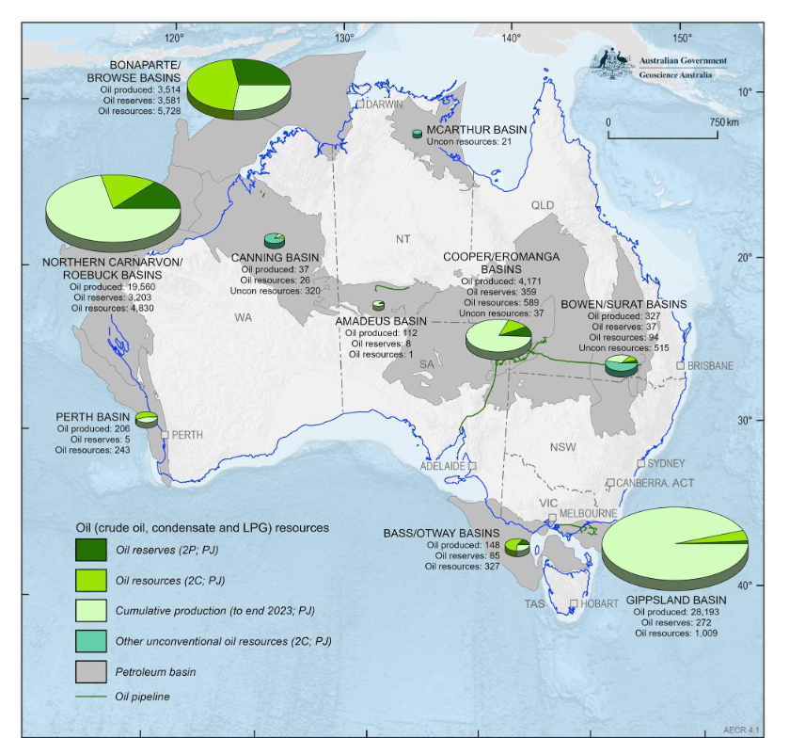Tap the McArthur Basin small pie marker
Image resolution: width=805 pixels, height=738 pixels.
click(x=418, y=135)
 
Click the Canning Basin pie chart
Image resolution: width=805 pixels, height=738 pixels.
click(x=275, y=240)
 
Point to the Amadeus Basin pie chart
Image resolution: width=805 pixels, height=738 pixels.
click(x=378, y=305)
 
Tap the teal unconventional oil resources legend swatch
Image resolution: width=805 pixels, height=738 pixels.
click(x=91, y=640)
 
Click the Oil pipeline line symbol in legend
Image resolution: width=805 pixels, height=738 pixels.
click(x=91, y=698)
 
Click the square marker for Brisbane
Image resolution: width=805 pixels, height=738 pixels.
click(x=680, y=365)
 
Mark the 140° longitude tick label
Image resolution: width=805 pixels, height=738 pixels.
click(x=511, y=39)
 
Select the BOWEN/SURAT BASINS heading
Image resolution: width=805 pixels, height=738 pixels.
click(x=623, y=305)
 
